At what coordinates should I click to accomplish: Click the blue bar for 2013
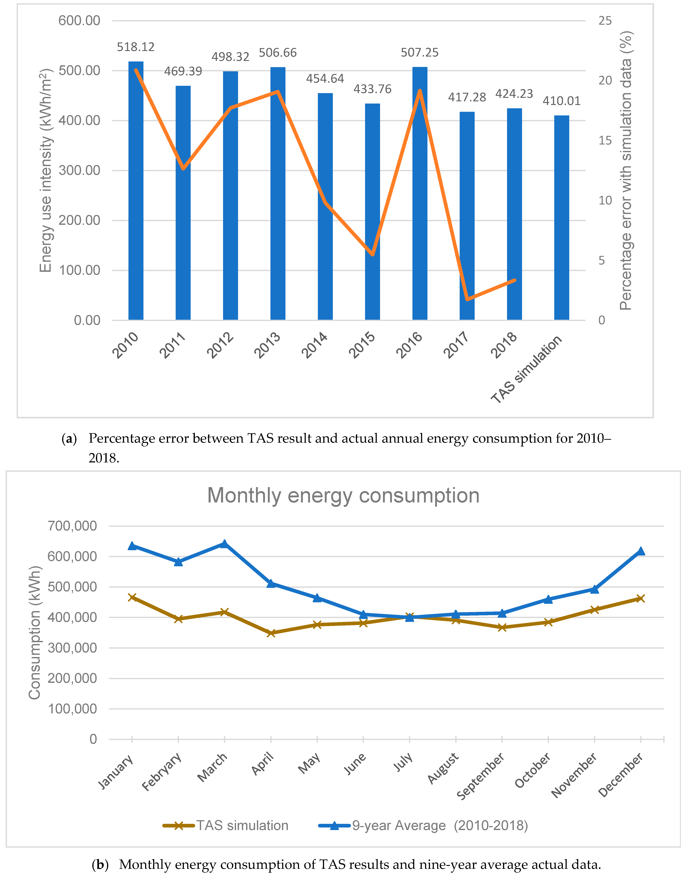coord(278,194)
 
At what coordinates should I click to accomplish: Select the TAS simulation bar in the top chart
coord(562,218)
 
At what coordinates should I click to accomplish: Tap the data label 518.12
coord(136,47)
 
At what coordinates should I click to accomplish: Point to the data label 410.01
coord(562,101)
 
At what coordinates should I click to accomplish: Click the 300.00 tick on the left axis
coord(80,170)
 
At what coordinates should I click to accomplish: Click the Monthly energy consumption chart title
coord(343,496)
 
